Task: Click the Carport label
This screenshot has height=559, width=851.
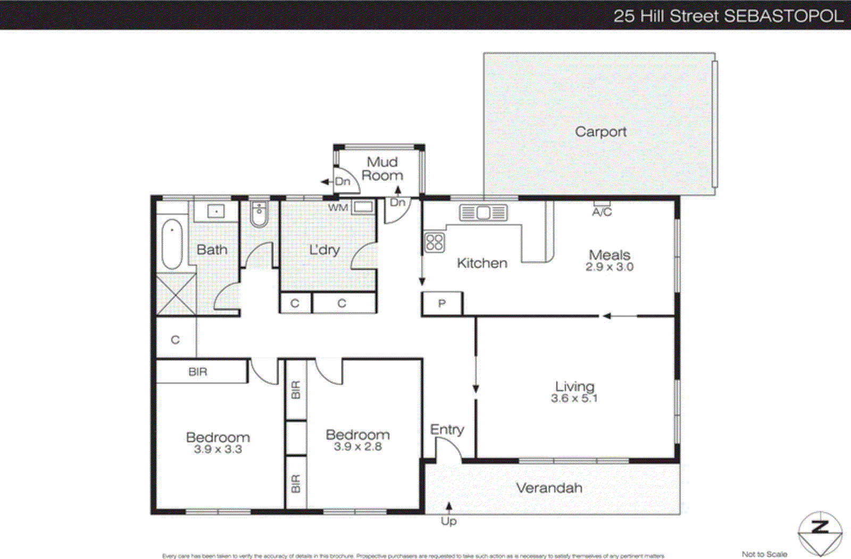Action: tap(600, 131)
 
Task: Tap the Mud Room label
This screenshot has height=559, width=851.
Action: tap(382, 168)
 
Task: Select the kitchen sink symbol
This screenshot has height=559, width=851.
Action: tap(483, 213)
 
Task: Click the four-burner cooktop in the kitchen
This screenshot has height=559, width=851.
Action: tap(434, 242)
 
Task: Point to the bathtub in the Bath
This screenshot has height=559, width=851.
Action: tap(172, 244)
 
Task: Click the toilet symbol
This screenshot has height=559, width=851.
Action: tap(259, 214)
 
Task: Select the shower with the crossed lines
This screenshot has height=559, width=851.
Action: tap(176, 294)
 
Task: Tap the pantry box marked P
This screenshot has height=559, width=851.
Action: tap(441, 304)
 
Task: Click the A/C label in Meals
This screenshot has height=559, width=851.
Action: tap(602, 212)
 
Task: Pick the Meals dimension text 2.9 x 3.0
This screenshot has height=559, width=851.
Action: tap(610, 267)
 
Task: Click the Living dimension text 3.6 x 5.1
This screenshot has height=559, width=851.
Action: tap(574, 399)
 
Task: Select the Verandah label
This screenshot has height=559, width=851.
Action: tap(549, 488)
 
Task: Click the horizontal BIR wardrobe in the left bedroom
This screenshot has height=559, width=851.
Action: tap(202, 372)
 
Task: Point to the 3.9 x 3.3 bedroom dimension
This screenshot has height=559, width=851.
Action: tap(218, 450)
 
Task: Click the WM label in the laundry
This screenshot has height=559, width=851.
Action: tap(338, 208)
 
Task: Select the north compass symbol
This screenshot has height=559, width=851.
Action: tap(820, 533)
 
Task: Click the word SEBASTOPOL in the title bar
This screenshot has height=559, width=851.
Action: tap(783, 15)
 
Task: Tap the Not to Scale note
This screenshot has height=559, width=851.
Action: tap(764, 554)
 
